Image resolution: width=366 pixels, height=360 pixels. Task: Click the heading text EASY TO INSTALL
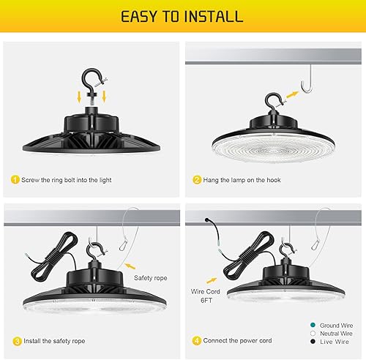point(182,17)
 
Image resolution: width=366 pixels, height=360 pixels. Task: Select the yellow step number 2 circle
point(197,179)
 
